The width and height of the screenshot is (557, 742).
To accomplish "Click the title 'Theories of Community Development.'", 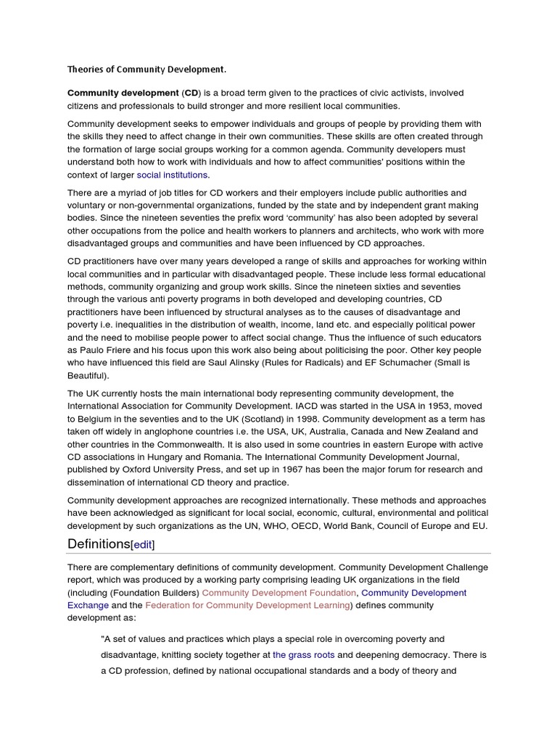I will (147, 70).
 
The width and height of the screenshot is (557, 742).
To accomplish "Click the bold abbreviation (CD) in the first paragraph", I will (191, 93).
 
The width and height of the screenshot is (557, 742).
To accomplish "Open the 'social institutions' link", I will (173, 175).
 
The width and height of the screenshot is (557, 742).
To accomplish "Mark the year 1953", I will (384, 406).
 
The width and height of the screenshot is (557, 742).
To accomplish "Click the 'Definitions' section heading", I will (99, 543).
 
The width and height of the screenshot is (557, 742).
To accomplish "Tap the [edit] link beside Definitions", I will (143, 544).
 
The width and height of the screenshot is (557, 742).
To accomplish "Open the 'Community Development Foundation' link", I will (279, 592).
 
